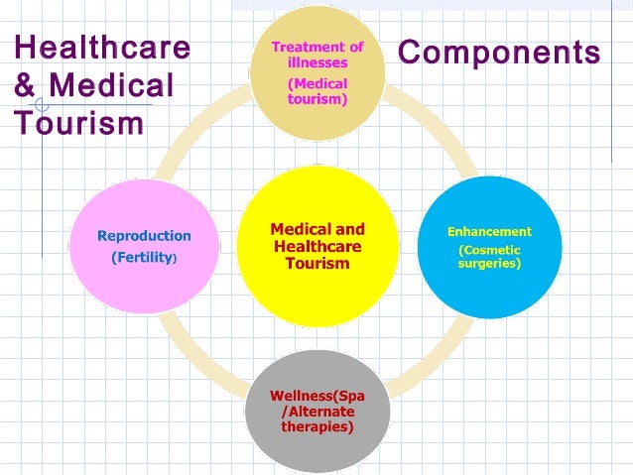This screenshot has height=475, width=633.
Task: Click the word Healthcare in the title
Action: pyautogui.click(x=101, y=50)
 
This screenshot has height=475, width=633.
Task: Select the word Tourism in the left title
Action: pyautogui.click(x=78, y=123)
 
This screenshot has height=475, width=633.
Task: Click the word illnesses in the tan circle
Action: pyautogui.click(x=317, y=62)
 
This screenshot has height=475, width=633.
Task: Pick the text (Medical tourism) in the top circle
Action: pyautogui.click(x=317, y=91)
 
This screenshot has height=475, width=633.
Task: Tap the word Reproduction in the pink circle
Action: pyautogui.click(x=144, y=236)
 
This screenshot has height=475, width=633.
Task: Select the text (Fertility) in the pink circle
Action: pyautogui.click(x=144, y=258)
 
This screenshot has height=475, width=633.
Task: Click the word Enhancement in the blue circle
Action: pyautogui.click(x=489, y=231)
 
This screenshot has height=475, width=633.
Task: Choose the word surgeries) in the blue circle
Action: pyautogui.click(x=489, y=265)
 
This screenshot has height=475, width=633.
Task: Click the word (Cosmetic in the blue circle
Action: pyautogui.click(x=489, y=250)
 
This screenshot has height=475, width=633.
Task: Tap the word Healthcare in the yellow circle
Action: pyautogui.click(x=317, y=246)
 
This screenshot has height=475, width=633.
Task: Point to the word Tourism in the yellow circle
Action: pyautogui.click(x=317, y=264)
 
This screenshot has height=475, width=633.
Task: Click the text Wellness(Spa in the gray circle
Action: pyautogui.click(x=317, y=396)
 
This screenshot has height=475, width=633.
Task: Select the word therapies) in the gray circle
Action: pyautogui.click(x=317, y=427)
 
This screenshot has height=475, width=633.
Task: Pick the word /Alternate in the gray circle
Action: pyautogui.click(x=317, y=412)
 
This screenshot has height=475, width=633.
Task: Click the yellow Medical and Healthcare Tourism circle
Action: pyautogui.click(x=317, y=288)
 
